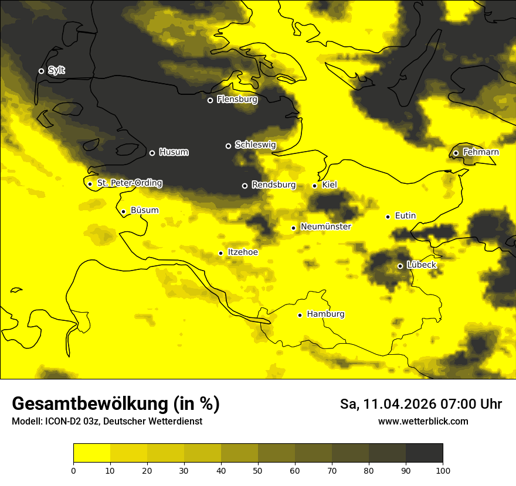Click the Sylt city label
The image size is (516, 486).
[56, 70]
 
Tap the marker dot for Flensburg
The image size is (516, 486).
[210, 100]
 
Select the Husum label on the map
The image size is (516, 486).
[174, 152]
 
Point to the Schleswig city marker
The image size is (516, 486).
[228, 146]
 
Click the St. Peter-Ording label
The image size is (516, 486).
[129, 183]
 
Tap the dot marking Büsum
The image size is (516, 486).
[123, 211]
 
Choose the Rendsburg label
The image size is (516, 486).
[273, 184]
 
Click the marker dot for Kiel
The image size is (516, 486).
[314, 186]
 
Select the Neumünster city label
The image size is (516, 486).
[325, 227]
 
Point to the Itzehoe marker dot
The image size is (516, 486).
[220, 253]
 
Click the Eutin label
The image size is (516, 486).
[405, 215]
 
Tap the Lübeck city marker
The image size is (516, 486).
[400, 266]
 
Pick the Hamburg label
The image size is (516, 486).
[325, 314]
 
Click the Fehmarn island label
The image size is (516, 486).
[481, 152]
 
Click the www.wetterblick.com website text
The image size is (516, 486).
[423, 422]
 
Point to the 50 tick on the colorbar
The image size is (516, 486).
[258, 470]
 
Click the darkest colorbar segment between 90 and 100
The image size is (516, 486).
[424, 453]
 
